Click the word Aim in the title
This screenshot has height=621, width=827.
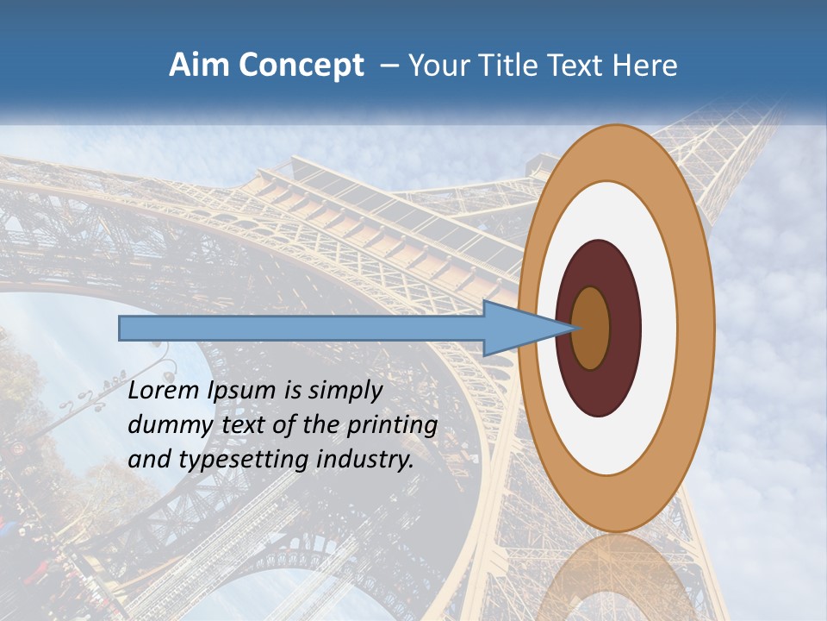tap(198, 66)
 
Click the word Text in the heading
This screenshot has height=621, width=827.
tap(578, 66)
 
